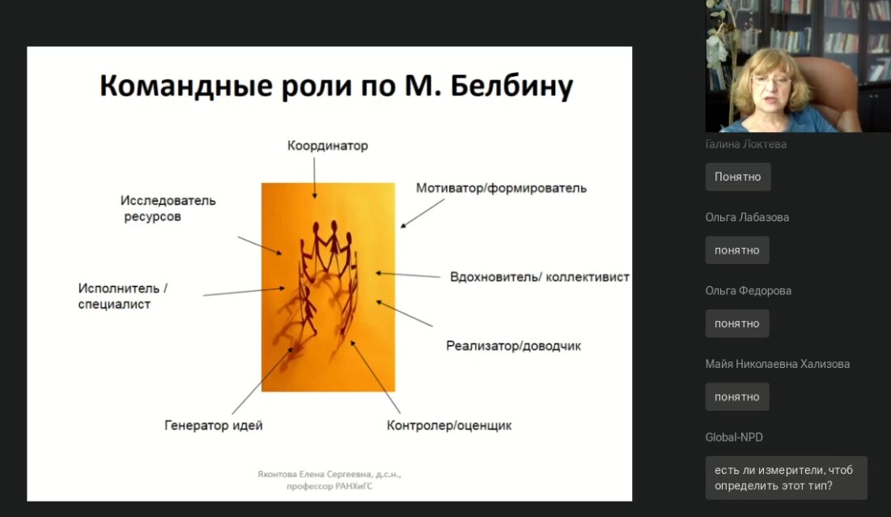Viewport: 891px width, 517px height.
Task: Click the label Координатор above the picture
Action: point(327,146)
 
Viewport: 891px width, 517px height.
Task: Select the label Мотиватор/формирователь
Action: point(501,188)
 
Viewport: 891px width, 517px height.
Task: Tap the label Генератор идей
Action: point(213,425)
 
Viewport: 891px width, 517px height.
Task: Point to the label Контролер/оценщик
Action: point(449,425)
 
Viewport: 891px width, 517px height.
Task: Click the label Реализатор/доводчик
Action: point(513,346)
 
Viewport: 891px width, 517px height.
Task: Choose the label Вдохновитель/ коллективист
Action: point(539,277)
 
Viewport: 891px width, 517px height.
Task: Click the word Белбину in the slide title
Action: point(511,87)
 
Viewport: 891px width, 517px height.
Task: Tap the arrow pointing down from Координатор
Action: point(314,178)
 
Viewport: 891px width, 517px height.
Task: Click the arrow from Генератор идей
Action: point(262,381)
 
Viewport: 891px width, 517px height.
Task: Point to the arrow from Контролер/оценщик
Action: point(375,377)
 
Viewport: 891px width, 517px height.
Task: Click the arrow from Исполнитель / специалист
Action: point(244,292)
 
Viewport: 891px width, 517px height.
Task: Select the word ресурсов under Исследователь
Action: point(152,216)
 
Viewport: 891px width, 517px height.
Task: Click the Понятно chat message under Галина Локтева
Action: point(737,177)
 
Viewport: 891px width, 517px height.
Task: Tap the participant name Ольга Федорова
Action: point(748,291)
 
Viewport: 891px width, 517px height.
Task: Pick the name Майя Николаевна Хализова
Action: point(778,364)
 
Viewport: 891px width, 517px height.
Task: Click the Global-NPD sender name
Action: point(733,438)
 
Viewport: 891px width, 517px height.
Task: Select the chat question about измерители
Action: point(786,478)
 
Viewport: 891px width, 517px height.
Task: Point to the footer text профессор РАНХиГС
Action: point(329,486)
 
